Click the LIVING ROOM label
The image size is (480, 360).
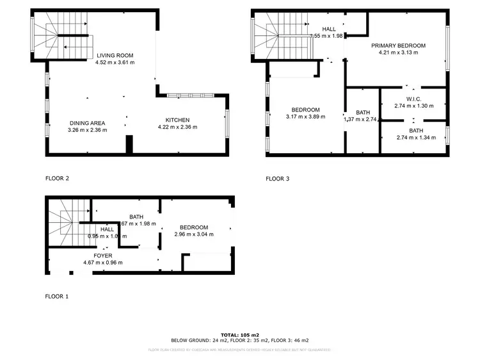coord(115,56)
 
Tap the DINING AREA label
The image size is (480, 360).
coord(88,123)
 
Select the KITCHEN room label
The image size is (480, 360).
coord(177,120)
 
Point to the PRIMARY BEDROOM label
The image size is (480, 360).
coord(398,45)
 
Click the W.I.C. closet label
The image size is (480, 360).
coord(413,98)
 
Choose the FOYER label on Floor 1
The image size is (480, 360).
coord(102,256)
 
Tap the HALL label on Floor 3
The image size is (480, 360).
coord(328,29)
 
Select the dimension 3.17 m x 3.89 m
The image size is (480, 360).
coord(305,117)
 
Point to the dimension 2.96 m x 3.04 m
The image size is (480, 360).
coord(194,234)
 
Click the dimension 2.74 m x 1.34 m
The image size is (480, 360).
coord(416,137)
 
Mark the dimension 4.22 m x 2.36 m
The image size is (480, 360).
coord(177,127)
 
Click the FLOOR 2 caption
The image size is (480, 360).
coord(57,179)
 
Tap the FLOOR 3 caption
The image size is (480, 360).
coord(277,179)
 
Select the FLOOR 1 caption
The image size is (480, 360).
coord(57,297)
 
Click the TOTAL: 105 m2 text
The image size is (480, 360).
coord(239,335)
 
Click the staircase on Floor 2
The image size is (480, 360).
coord(61,37)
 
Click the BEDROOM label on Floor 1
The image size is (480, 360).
coord(194,227)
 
